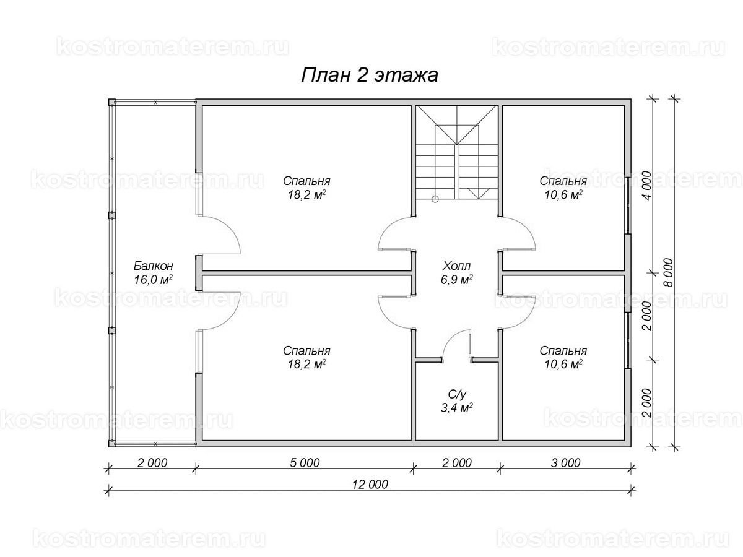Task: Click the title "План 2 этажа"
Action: [x=369, y=75]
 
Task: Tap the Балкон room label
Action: [x=154, y=266]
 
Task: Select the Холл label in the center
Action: [x=456, y=266]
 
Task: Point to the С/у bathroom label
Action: [x=457, y=394]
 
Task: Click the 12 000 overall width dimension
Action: [x=370, y=485]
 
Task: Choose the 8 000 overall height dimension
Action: [x=669, y=272]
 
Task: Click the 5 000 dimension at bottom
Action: [x=305, y=463]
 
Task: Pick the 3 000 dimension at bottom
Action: [x=566, y=463]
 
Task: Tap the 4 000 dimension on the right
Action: [x=646, y=186]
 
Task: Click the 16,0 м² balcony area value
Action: [x=154, y=279]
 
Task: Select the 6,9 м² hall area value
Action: [x=456, y=279]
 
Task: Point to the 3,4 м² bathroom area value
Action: [x=456, y=407]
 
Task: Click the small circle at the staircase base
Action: [x=435, y=199]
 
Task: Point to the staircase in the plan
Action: [x=456, y=152]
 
